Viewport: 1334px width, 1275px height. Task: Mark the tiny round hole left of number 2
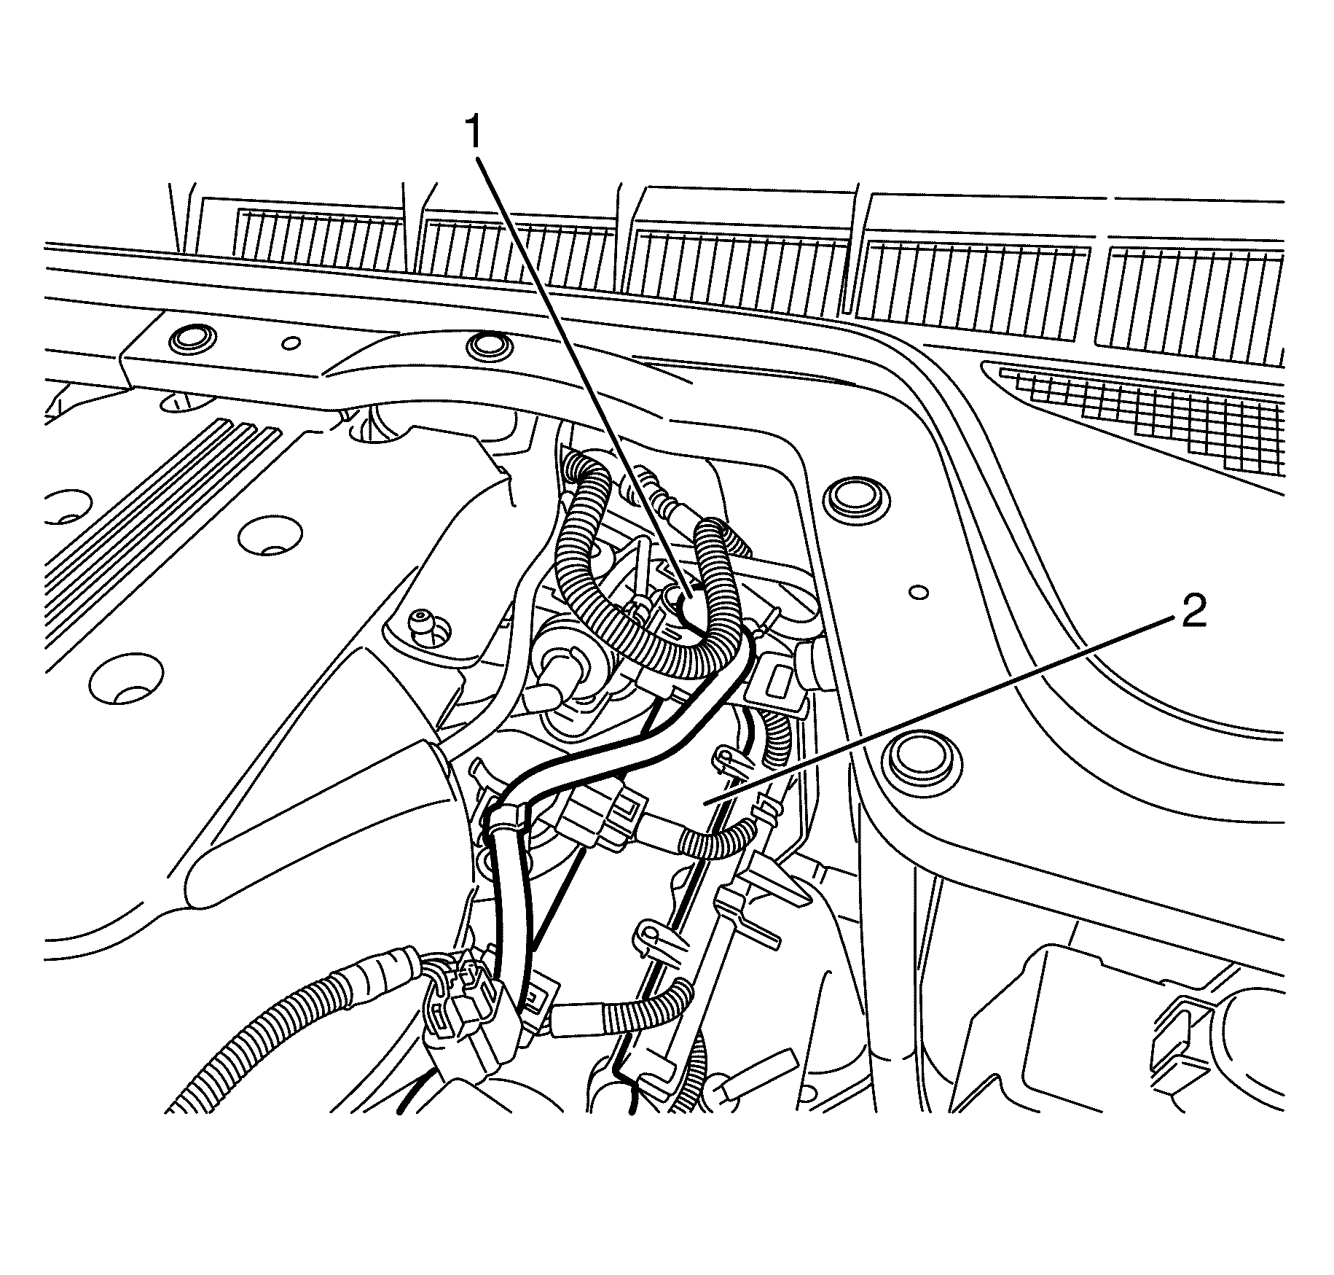coord(918,590)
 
